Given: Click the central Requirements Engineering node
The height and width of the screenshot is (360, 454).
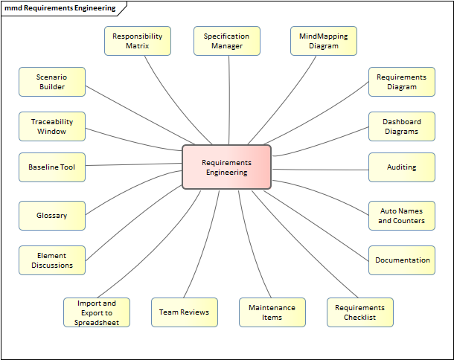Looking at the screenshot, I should [x=226, y=167].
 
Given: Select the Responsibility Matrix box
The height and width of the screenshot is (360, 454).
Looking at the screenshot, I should [x=138, y=41].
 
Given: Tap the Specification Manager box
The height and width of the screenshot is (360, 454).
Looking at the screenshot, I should [x=227, y=41].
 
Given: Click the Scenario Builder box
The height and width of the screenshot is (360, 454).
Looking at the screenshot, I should [x=52, y=82].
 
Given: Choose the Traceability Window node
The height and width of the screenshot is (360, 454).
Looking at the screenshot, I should [x=52, y=126].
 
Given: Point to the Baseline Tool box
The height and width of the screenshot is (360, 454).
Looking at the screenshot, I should [x=52, y=167].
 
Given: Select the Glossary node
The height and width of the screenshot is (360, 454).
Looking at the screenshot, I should [x=52, y=216].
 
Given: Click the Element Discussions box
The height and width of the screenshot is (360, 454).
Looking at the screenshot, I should [x=52, y=260].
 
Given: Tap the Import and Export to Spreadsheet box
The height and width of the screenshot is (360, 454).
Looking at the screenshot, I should [x=97, y=312].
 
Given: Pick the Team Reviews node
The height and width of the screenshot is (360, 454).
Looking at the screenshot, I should [x=184, y=312].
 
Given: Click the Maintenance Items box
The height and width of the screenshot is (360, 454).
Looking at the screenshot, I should [x=272, y=312].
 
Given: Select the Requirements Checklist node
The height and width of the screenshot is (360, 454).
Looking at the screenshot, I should [x=359, y=312].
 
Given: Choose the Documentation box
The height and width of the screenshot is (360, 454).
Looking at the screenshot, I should [x=402, y=260].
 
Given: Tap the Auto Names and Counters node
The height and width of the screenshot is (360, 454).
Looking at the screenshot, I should [x=402, y=216].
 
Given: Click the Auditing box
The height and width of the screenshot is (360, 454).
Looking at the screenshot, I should [x=402, y=167].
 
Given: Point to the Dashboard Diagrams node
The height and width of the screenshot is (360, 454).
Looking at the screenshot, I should [x=402, y=126].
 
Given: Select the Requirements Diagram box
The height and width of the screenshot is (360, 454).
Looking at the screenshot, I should [x=402, y=82].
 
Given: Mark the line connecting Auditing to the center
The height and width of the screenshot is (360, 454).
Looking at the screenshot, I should [x=320, y=169].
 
